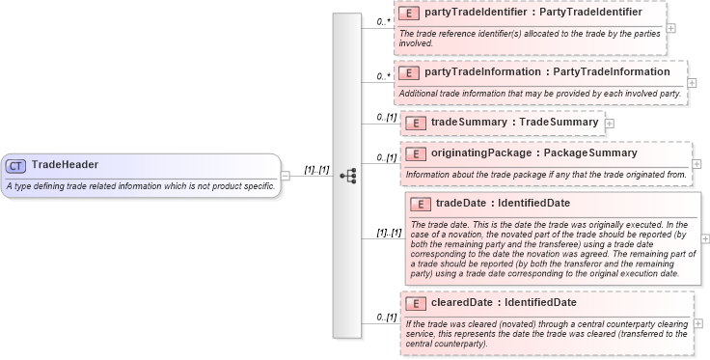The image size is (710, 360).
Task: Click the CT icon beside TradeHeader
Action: pos(16,165)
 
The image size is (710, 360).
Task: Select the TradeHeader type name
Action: pos(65,165)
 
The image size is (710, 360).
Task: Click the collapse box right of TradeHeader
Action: pos(286,176)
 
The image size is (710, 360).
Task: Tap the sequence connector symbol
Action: pos(348,176)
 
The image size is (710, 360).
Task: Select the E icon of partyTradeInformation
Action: pos(409,72)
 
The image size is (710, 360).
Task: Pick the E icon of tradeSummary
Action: pos(415,123)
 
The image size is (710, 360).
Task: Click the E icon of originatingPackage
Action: pos(415,153)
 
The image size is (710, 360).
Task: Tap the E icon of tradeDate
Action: pos(421,204)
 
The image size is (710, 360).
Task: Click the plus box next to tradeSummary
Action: pos(610,124)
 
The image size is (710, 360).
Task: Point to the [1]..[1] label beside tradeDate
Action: pos(389,233)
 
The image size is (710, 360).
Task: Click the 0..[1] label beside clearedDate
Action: pos(387,317)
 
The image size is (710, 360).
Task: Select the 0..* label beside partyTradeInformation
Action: pos(384,75)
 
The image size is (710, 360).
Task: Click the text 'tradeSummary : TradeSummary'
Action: pos(514,123)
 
